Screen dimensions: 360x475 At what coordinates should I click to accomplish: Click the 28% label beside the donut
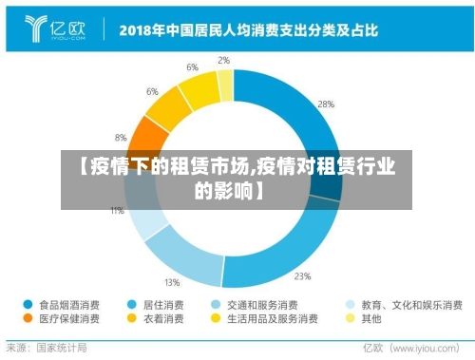[x=326, y=104]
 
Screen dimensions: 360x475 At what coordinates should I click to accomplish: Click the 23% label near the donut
[x=302, y=277]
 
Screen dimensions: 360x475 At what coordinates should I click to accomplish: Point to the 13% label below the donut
[x=172, y=282]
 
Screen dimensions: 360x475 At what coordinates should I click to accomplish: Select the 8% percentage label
[x=121, y=138]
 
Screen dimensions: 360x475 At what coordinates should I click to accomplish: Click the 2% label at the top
[x=223, y=60]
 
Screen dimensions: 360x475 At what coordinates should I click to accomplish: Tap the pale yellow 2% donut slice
[x=226, y=86]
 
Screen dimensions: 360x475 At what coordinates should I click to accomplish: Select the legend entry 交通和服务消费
[x=257, y=306]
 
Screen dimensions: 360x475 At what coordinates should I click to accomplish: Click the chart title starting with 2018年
[x=247, y=28]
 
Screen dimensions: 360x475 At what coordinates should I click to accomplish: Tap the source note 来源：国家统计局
[x=47, y=348]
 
